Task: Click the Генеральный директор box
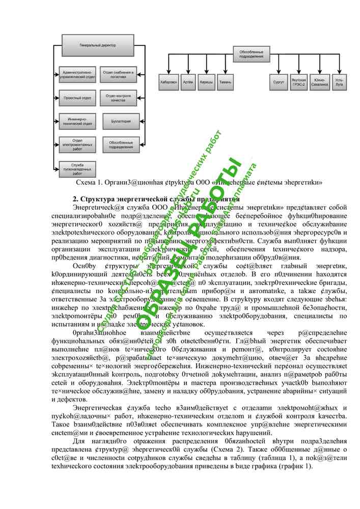click(x=98, y=45)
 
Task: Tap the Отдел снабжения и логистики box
click(x=118, y=74)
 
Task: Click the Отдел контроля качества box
click(x=118, y=97)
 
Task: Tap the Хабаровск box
click(x=169, y=81)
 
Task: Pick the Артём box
click(x=187, y=81)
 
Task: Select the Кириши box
click(x=206, y=81)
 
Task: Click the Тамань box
click(x=225, y=81)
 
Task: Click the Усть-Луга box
click(x=339, y=81)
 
